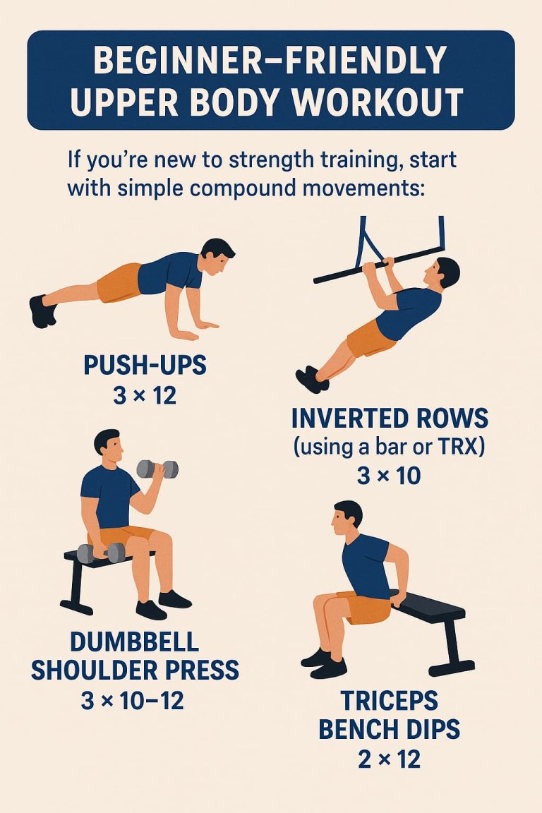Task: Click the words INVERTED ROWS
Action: click(x=389, y=418)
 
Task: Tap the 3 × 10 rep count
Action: click(x=389, y=476)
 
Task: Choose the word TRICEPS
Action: click(x=389, y=701)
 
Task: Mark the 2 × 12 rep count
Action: click(x=389, y=759)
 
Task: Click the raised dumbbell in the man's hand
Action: click(x=157, y=469)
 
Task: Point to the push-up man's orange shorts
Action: click(x=120, y=282)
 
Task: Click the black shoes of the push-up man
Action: click(x=42, y=311)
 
